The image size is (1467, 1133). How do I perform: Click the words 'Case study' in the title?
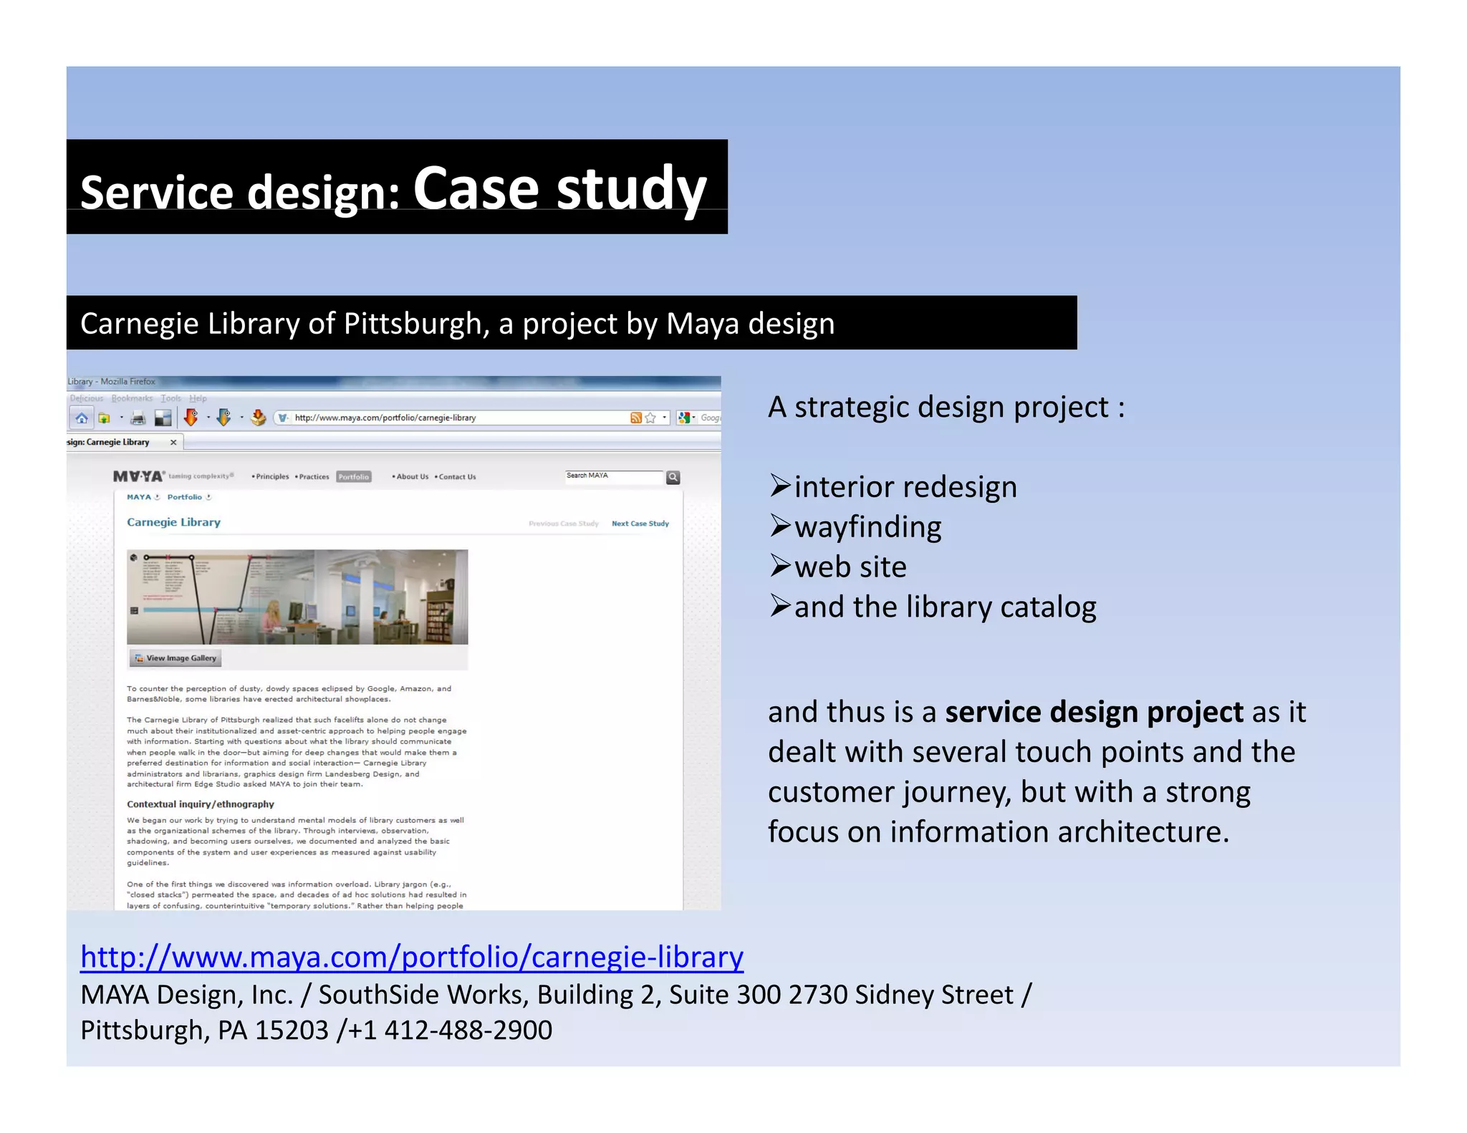[x=559, y=188]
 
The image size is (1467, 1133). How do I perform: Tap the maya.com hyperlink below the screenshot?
[x=412, y=957]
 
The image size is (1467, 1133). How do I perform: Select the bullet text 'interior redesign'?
[x=905, y=487]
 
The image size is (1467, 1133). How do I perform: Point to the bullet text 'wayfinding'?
[x=867, y=527]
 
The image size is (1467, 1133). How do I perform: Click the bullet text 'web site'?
[x=850, y=567]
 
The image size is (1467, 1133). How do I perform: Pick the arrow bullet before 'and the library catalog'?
[x=779, y=606]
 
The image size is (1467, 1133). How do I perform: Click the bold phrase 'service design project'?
[x=1094, y=712]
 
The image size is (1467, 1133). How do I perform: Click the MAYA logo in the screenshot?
[x=138, y=476]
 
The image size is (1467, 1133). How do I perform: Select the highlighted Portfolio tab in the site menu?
[x=354, y=477]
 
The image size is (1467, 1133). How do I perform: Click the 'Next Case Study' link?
[x=640, y=524]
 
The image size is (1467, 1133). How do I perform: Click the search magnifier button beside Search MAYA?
[x=673, y=477]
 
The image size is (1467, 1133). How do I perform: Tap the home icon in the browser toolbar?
[x=82, y=418]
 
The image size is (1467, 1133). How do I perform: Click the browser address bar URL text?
[x=385, y=418]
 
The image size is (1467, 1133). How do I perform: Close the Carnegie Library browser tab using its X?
[x=173, y=443]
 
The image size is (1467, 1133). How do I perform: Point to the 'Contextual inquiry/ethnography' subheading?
[x=201, y=804]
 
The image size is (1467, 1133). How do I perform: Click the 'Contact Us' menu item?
[x=456, y=477]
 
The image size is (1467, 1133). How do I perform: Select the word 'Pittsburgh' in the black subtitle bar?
[x=416, y=324]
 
